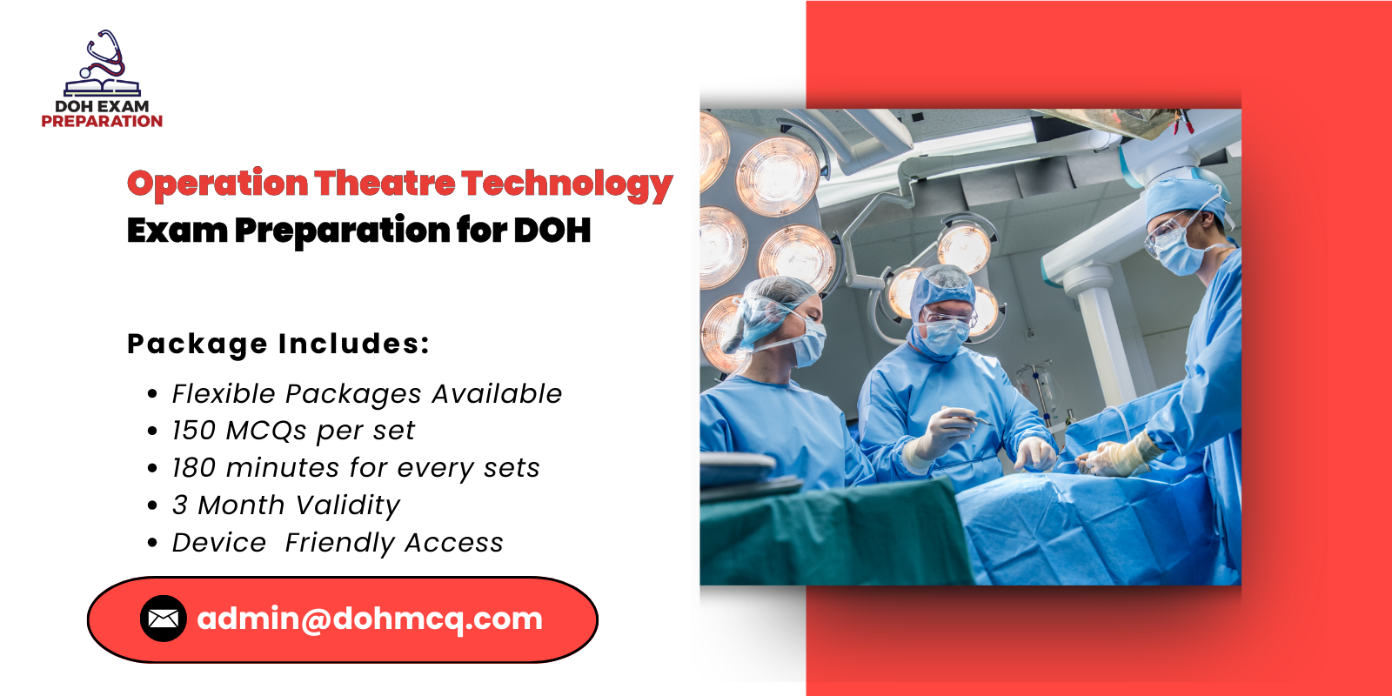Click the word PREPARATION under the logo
tap(102, 122)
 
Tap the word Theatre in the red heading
tap(384, 184)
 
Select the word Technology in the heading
tap(567, 184)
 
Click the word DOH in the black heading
tap(552, 231)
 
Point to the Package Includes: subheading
tap(278, 344)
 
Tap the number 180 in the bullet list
tap(193, 468)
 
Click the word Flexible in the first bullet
tap(224, 393)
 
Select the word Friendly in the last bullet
tap(340, 543)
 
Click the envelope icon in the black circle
tap(163, 619)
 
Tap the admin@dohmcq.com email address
tap(370, 619)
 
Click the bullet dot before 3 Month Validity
tap(153, 505)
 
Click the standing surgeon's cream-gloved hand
tap(1122, 455)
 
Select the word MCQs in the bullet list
tap(266, 431)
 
